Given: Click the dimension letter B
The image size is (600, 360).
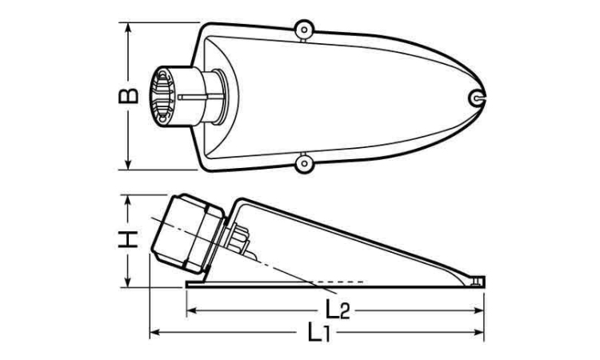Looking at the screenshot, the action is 128,96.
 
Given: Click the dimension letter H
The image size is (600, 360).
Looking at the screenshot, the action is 128,239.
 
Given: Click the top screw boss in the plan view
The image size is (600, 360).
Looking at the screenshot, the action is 305,30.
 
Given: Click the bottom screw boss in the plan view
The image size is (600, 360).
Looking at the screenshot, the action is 305,163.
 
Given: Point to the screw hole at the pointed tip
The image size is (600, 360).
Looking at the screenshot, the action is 477,98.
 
